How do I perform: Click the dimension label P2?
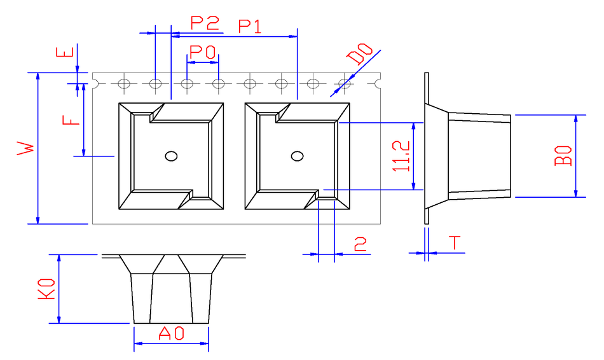click(x=205, y=24)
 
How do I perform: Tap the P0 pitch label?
click(x=203, y=51)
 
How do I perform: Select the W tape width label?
click(x=25, y=149)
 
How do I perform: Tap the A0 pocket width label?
click(x=171, y=333)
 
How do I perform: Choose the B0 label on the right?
click(x=563, y=156)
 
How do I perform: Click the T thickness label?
click(x=455, y=244)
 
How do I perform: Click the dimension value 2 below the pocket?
click(x=360, y=245)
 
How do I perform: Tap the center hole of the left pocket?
click(x=170, y=156)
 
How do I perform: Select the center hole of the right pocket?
click(x=296, y=156)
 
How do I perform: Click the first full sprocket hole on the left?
click(x=124, y=83)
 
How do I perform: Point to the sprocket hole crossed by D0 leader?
click(x=345, y=83)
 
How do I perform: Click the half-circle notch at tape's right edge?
click(x=380, y=83)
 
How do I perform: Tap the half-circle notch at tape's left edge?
click(x=94, y=83)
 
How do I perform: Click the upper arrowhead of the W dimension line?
click(x=38, y=76)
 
